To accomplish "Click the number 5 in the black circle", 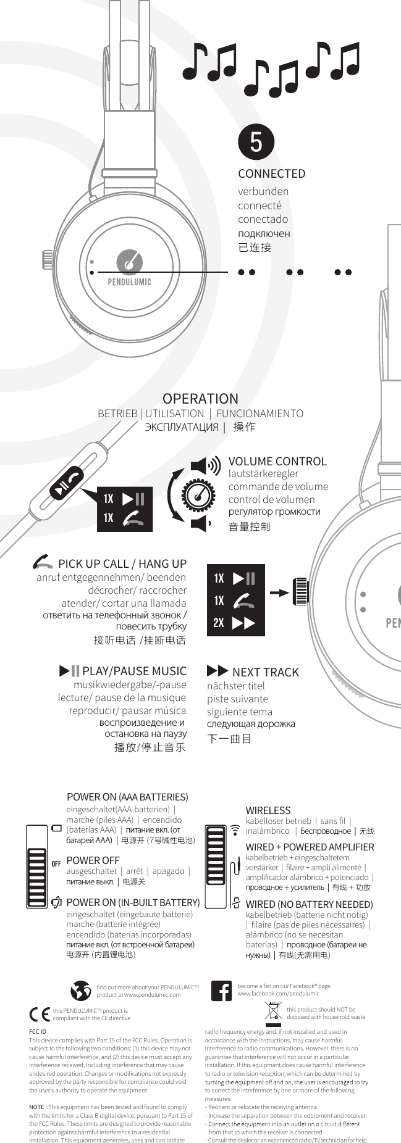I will (x=256, y=141).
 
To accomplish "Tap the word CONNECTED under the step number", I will (x=271, y=174).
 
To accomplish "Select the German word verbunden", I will (x=263, y=191).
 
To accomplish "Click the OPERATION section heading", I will (x=200, y=399).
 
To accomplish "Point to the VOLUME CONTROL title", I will (x=277, y=461).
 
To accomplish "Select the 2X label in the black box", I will (x=219, y=623).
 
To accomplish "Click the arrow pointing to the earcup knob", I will (x=279, y=592).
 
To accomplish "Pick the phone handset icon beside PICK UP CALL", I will (x=43, y=563).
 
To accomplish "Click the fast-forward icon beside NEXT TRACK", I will (x=217, y=671).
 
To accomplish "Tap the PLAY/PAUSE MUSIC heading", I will (x=134, y=671).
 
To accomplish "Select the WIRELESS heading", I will (x=268, y=810).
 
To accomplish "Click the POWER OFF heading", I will (x=93, y=860).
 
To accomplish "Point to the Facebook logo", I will (x=221, y=991).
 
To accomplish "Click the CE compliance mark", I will (x=40, y=1014).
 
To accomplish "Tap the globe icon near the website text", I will (x=81, y=991).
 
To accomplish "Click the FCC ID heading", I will (x=38, y=1031).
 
